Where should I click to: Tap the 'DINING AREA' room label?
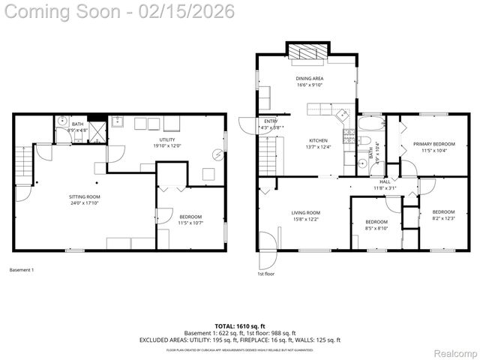[310, 79]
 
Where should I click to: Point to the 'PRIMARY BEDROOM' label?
[433, 144]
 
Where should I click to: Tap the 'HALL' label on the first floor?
[385, 181]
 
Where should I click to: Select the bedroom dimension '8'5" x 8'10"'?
[376, 229]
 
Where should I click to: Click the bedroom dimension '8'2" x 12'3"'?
[443, 218]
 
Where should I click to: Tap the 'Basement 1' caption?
[22, 270]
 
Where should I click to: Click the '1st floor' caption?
[265, 274]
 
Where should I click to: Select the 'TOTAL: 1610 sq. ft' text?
[239, 326]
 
